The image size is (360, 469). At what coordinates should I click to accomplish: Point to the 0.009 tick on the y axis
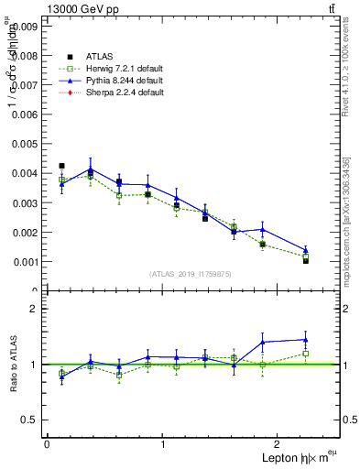(x=24, y=27)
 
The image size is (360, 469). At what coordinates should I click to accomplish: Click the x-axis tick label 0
(x=46, y=444)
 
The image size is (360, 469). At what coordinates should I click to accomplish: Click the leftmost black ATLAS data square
(x=61, y=166)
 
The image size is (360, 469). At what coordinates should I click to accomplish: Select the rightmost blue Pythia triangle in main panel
(x=305, y=250)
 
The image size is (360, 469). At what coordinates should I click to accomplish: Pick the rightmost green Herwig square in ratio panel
(x=305, y=354)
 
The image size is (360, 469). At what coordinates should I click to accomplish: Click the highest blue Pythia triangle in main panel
(x=90, y=169)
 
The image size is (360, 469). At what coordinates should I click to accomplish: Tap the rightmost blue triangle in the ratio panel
(x=305, y=340)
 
